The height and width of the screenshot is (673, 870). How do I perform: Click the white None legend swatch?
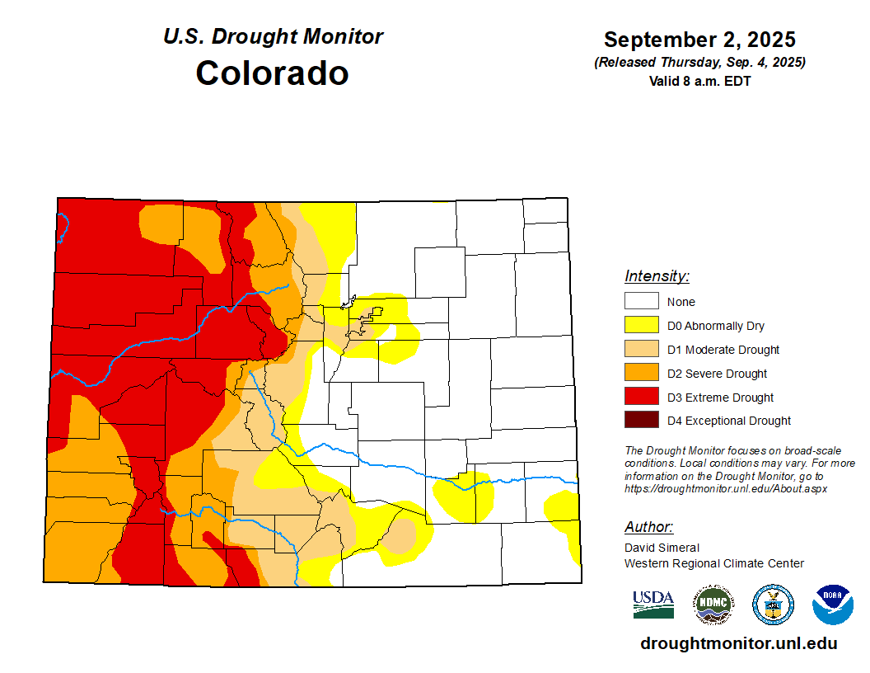(x=641, y=302)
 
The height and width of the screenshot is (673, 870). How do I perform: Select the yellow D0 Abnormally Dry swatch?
(x=641, y=326)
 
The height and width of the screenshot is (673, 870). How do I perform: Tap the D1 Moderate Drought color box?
(x=641, y=350)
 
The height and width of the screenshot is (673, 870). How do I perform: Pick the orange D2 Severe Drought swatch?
(x=641, y=374)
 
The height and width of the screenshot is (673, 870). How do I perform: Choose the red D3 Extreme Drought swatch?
(x=641, y=398)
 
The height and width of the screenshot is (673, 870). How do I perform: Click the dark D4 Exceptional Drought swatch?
(x=641, y=421)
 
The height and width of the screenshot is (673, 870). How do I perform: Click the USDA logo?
(x=653, y=605)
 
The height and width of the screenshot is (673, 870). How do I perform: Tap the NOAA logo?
(x=832, y=605)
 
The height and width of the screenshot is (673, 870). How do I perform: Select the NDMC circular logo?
(x=713, y=605)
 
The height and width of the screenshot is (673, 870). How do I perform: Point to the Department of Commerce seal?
(x=773, y=605)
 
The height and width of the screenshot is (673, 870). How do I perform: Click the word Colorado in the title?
(x=272, y=73)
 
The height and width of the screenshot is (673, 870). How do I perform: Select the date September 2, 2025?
(x=699, y=40)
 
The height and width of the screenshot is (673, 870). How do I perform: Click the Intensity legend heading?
(x=657, y=276)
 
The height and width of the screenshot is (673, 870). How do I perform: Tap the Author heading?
(x=648, y=527)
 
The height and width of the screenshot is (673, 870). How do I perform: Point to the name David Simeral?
(x=662, y=548)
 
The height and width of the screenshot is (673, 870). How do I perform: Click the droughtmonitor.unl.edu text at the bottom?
(x=738, y=644)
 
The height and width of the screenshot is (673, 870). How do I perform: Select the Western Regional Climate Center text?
(x=713, y=563)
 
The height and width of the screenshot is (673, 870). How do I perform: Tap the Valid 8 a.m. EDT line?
(x=699, y=81)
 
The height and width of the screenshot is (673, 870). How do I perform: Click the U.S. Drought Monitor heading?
(x=273, y=36)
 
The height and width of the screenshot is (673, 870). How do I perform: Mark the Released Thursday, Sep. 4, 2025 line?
(x=699, y=63)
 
